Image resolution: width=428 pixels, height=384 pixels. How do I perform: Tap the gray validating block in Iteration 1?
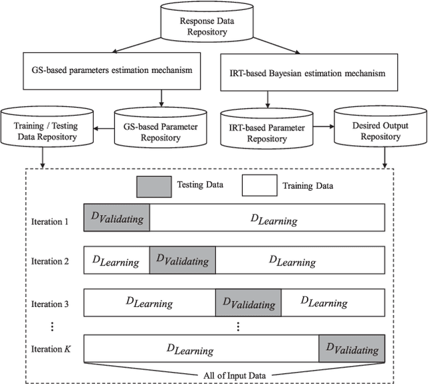tap(116, 218)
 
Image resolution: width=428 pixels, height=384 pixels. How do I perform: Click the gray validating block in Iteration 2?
tap(183, 260)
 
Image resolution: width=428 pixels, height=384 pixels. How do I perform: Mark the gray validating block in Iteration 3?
tap(248, 302)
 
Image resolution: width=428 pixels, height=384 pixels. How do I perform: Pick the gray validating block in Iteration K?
tap(352, 348)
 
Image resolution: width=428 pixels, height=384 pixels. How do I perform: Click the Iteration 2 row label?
tap(50, 261)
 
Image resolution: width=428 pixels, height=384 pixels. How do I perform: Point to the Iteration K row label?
tap(50, 349)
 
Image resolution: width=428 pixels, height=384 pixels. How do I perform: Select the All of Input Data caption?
tap(235, 375)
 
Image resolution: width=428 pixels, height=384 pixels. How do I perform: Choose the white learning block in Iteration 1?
tap(267, 218)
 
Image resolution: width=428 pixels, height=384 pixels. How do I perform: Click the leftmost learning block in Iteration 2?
tap(116, 260)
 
